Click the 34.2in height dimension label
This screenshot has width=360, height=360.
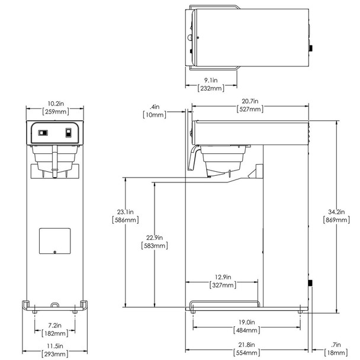336,212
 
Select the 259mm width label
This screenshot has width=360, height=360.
56,112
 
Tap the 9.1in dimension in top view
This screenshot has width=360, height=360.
211,80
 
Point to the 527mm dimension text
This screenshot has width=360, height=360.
250,109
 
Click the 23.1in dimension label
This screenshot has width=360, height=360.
125,212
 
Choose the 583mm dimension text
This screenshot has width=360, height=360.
155,246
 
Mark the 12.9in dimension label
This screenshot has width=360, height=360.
223,277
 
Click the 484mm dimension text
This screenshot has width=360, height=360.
246,330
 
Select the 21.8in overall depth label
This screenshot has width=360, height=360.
246,345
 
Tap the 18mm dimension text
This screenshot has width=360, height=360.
336,353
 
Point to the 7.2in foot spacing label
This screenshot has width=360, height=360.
54,325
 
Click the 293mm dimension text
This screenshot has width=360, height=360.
54,354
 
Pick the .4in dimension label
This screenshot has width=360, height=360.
155,107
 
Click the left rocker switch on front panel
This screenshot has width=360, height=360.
43,133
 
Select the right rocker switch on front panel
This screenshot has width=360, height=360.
69,133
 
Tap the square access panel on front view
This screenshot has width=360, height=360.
55,241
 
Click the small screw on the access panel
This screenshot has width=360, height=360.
54,252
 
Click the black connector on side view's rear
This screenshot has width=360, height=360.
310,283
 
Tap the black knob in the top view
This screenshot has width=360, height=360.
311,48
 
